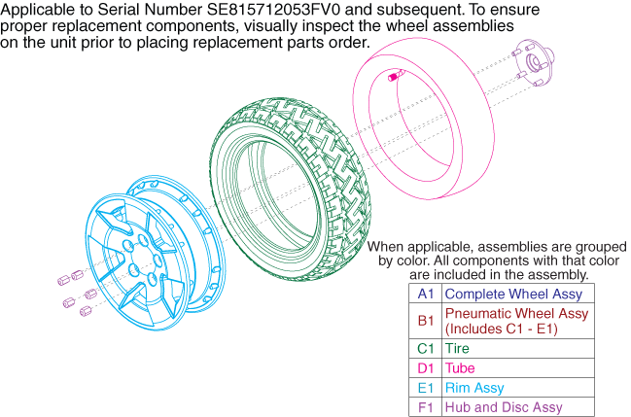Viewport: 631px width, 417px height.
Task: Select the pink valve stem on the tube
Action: click(x=397, y=75)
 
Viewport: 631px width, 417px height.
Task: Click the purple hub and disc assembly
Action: click(x=534, y=62)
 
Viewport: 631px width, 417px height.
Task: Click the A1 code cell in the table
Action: click(x=426, y=294)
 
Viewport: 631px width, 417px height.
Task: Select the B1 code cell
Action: click(x=426, y=321)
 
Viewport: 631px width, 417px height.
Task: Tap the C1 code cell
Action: click(x=426, y=348)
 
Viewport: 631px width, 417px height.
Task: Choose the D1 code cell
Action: click(x=426, y=367)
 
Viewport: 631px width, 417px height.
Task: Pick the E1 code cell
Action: click(x=426, y=388)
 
